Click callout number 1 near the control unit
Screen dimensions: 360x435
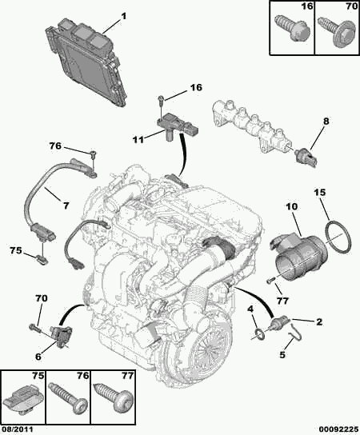[123, 16]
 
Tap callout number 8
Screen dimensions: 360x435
[326, 122]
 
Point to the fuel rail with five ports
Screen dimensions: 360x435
[252, 126]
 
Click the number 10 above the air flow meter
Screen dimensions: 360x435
[290, 206]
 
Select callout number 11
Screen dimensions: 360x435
[138, 139]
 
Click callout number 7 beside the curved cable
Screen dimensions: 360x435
[66, 206]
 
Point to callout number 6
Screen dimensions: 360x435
[38, 357]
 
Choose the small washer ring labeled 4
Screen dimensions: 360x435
[260, 333]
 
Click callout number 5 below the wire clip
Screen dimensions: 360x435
[282, 354]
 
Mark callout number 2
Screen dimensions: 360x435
[319, 321]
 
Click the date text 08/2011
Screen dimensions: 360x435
[17, 429]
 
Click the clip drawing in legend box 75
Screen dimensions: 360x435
[23, 401]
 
